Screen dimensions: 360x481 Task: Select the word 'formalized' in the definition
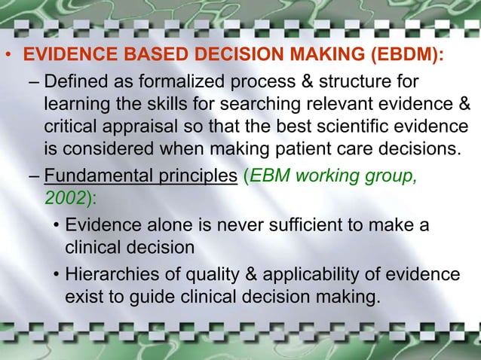[178, 81]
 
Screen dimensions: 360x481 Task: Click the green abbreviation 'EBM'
[271, 179]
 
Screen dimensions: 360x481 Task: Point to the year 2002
[60, 201]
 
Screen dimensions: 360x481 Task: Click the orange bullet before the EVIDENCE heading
[8, 57]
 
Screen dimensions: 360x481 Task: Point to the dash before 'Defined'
[35, 81]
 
